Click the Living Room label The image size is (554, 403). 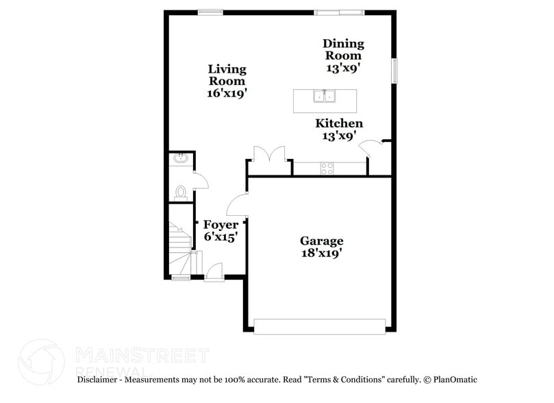[227, 75]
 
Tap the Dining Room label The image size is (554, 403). [343, 49]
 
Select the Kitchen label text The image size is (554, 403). [339, 123]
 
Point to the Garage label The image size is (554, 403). [321, 241]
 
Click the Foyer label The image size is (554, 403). [221, 225]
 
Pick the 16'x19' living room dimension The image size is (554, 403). [227, 93]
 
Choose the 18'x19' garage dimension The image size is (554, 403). [321, 253]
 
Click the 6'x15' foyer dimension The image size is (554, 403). [221, 237]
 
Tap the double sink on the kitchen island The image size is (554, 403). [325, 97]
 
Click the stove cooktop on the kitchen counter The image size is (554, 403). [327, 167]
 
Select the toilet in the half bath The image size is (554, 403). [181, 191]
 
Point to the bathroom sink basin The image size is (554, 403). [181, 159]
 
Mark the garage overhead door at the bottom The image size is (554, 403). [319, 326]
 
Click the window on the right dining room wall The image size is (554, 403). [394, 71]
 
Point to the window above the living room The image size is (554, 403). [210, 11]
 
